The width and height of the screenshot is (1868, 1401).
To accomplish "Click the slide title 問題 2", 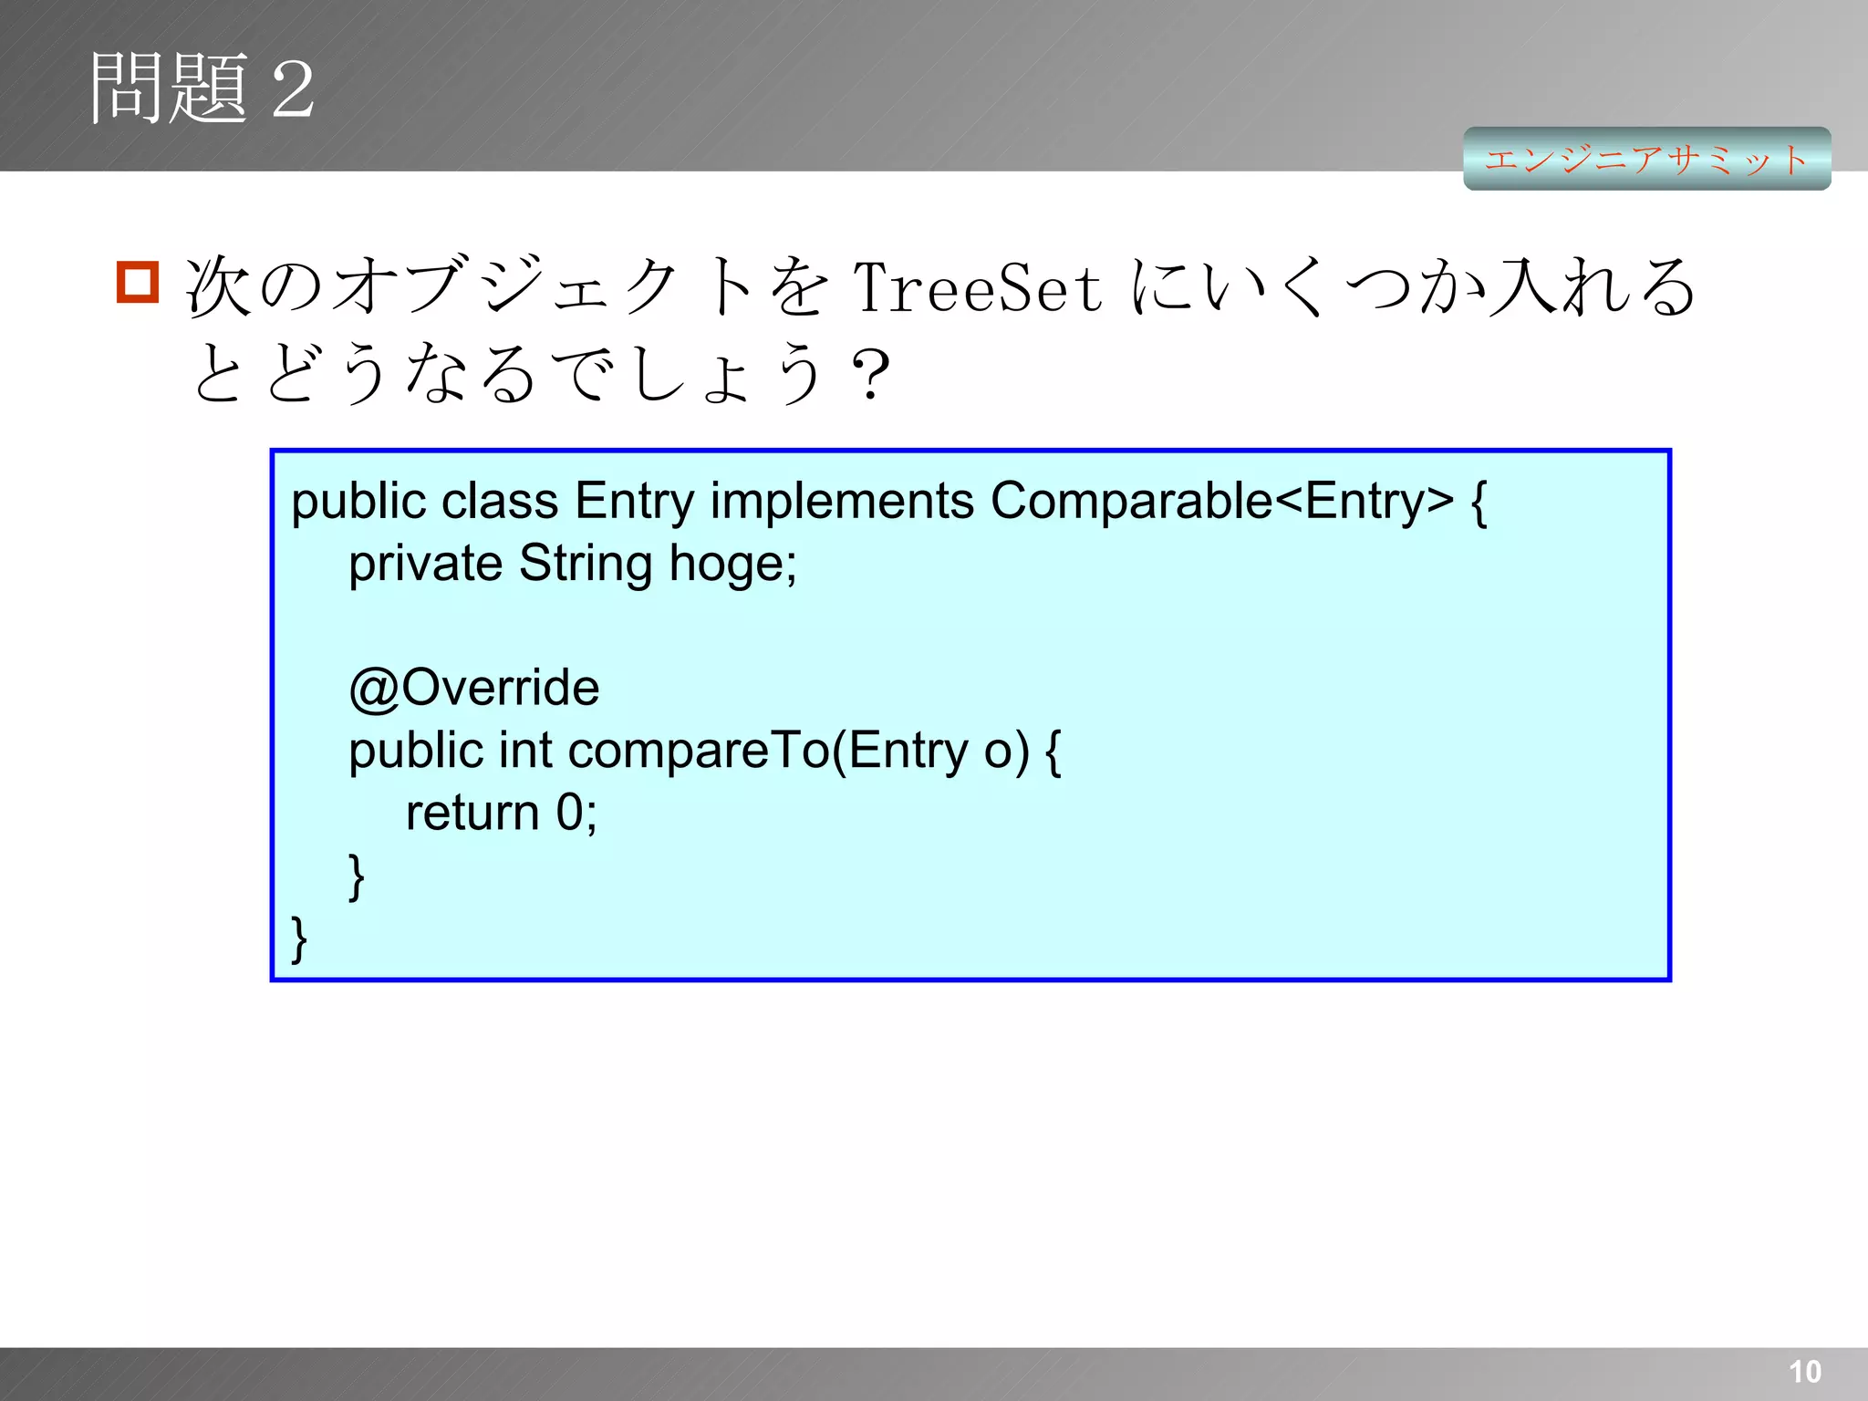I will (202, 88).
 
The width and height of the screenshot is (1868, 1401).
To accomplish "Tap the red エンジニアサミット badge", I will (1646, 160).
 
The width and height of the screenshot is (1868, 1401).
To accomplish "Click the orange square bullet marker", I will (138, 282).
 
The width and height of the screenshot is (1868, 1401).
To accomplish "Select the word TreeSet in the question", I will (977, 287).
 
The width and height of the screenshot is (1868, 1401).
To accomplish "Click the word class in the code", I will (499, 501).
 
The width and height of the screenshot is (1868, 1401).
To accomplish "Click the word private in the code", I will (425, 564).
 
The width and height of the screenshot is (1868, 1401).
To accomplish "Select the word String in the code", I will (586, 564).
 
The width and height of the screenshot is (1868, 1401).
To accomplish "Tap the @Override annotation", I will (474, 688).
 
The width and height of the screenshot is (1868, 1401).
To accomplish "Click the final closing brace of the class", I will (299, 939).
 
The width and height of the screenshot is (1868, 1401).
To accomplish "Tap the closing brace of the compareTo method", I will (357, 877).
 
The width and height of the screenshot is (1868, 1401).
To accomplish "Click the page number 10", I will (1804, 1371).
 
